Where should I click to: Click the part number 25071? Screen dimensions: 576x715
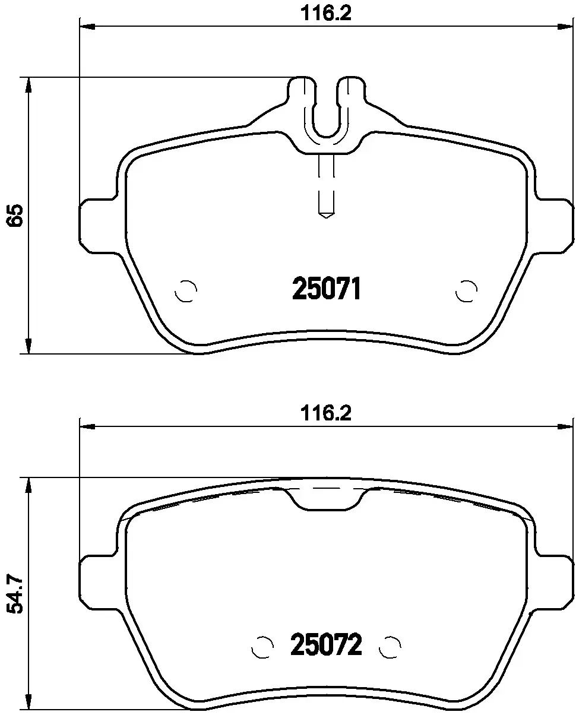point(326,289)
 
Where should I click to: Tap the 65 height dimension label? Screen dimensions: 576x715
point(15,216)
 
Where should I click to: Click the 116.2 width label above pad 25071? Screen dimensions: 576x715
point(325,14)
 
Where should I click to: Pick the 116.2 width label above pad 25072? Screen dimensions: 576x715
point(325,413)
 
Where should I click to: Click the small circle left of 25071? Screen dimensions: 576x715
point(186,291)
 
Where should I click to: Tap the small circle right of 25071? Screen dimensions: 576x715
point(466,291)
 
